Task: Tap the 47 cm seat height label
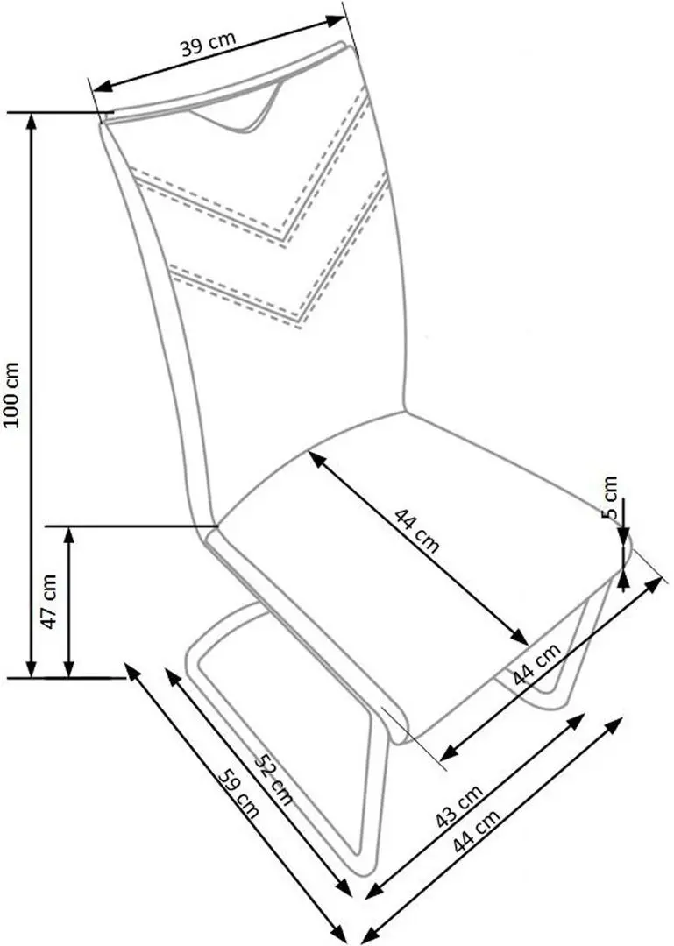click(50, 601)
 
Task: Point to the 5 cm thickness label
click(611, 498)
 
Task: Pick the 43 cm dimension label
click(458, 807)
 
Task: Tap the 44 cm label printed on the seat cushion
click(416, 531)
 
